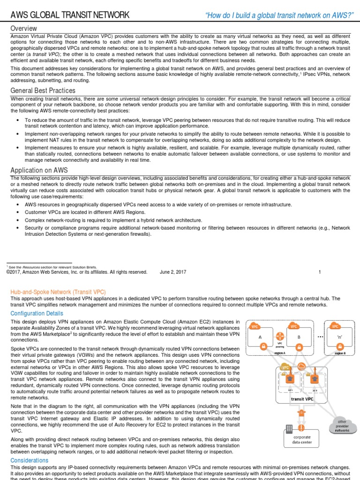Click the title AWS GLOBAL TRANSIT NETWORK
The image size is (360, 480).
point(70,15)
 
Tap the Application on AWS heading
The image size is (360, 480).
point(39,170)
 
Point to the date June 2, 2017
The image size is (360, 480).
point(173,272)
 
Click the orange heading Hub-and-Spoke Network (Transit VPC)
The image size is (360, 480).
point(58,292)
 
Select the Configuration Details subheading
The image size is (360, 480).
point(37,314)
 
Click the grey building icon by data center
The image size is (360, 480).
point(289,429)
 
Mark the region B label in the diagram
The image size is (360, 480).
point(340,352)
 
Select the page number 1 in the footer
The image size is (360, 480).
point(320,272)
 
